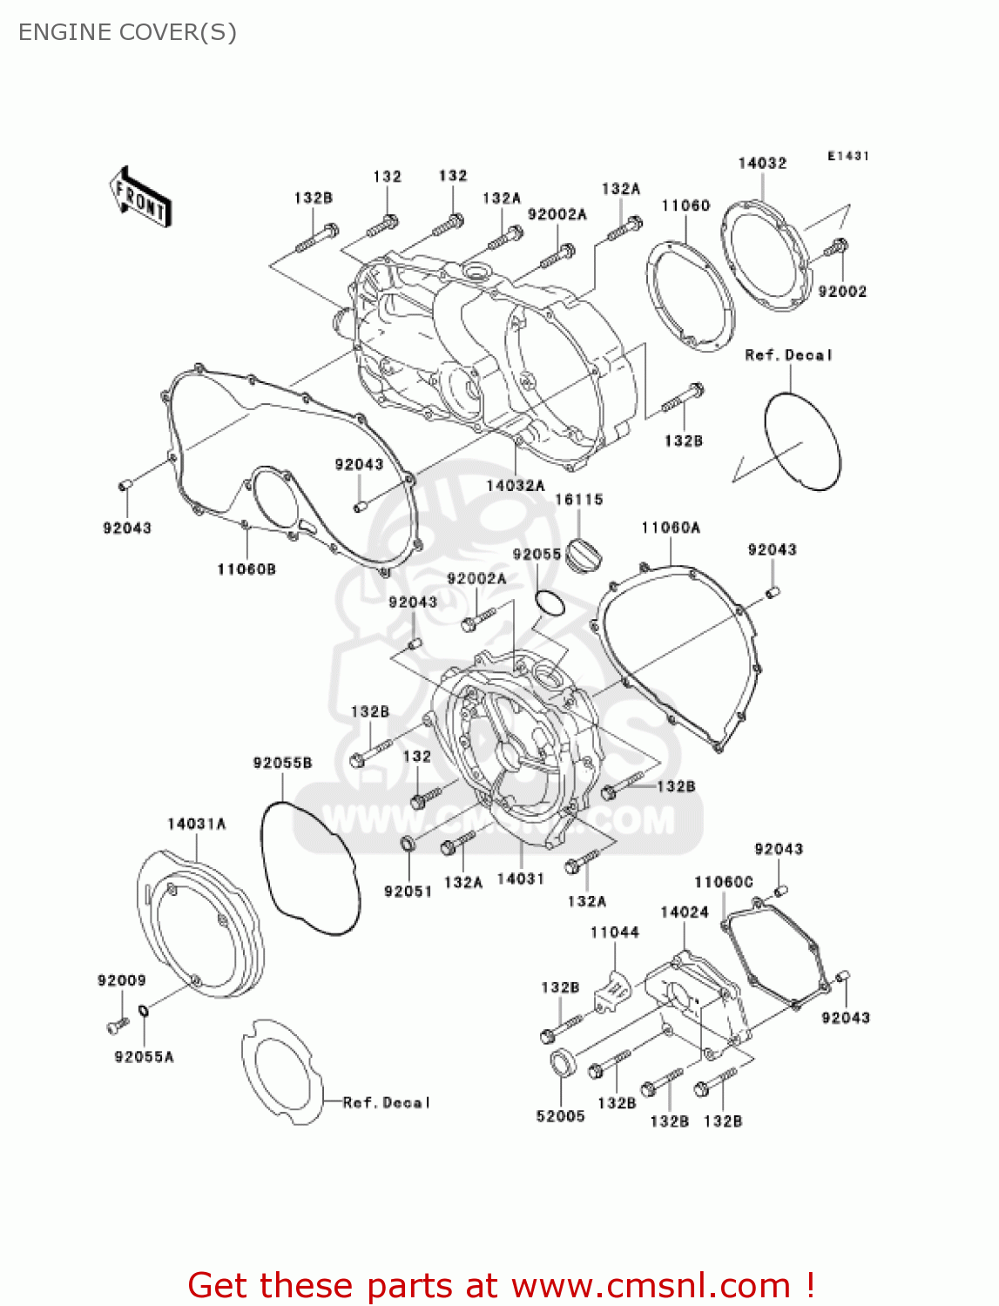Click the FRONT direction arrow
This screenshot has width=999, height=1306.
[139, 198]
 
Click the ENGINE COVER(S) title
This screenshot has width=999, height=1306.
[127, 32]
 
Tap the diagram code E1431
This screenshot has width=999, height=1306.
[847, 156]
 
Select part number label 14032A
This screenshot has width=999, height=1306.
[515, 485]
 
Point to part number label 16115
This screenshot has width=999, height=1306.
[579, 500]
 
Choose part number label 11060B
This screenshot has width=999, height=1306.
[246, 569]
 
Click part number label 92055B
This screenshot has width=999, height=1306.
[282, 763]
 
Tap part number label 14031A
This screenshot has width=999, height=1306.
[197, 824]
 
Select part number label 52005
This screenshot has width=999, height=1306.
[560, 1116]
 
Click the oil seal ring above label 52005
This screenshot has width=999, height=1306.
[562, 1063]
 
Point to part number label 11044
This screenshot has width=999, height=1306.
[614, 932]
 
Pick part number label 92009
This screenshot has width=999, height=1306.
[122, 980]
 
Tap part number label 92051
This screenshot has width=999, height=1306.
[408, 891]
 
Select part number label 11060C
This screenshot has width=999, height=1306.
[723, 882]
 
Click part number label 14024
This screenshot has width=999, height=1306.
[685, 912]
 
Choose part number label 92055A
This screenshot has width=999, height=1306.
[144, 1057]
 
